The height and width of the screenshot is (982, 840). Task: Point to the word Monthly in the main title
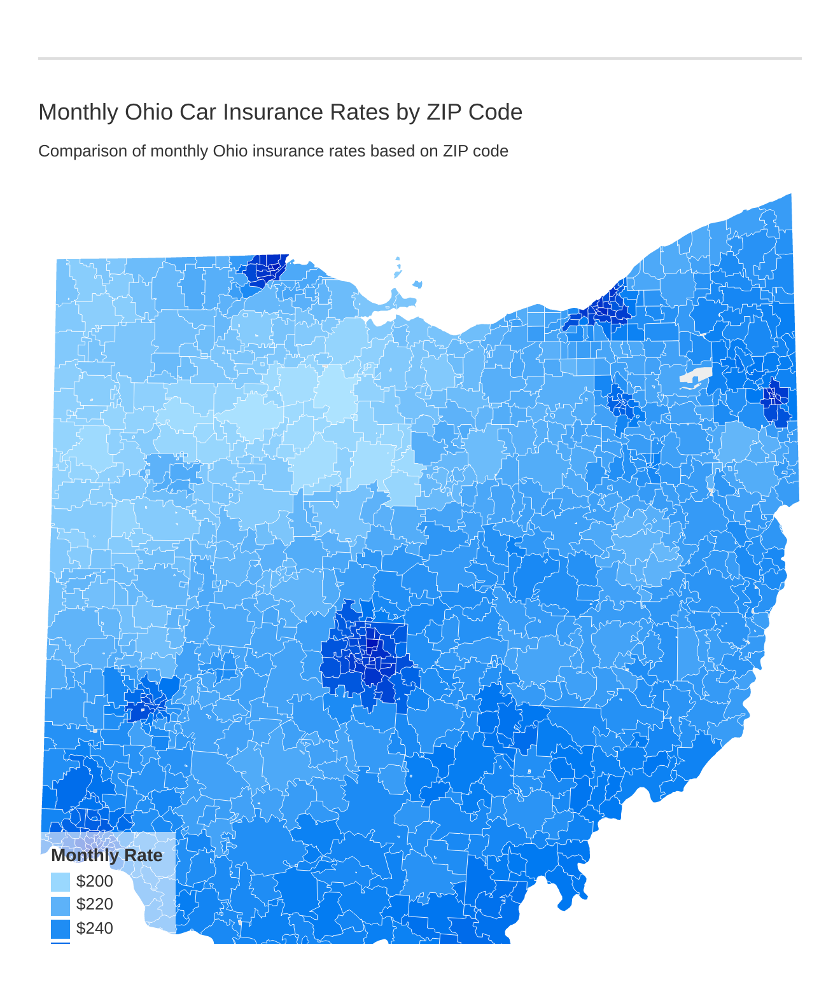(78, 112)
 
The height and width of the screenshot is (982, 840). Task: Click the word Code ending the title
(495, 112)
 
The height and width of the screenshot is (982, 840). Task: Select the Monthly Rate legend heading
(106, 855)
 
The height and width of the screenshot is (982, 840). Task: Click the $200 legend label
(94, 882)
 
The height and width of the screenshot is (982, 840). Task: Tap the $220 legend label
(94, 904)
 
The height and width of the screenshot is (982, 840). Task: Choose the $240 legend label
(94, 929)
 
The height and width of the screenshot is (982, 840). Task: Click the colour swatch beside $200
(60, 882)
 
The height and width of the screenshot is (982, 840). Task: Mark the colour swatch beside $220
(60, 905)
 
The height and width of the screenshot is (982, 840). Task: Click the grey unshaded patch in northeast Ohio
(695, 377)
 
